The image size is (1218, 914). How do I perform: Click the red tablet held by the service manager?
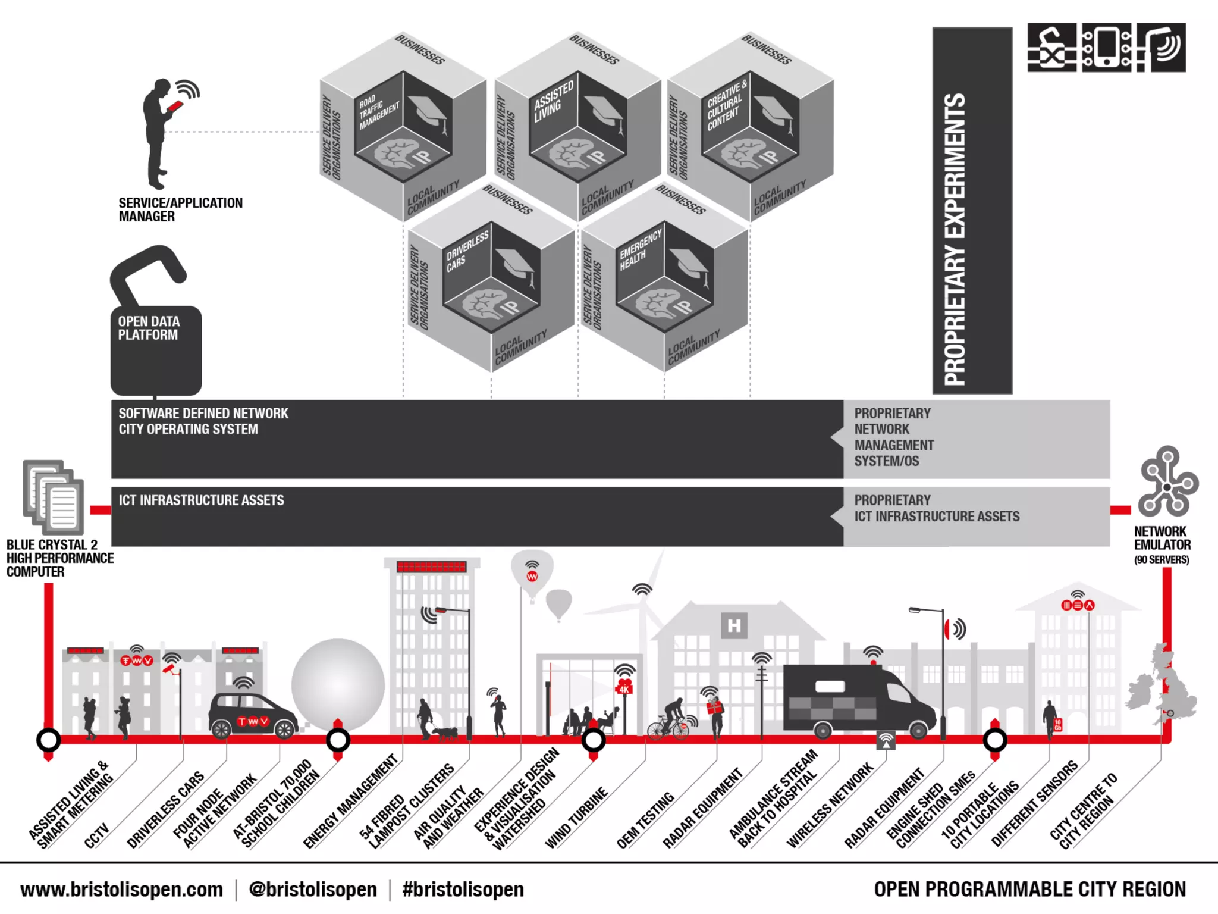(175, 107)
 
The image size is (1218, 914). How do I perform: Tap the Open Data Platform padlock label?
(148, 328)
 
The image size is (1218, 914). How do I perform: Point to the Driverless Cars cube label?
(467, 251)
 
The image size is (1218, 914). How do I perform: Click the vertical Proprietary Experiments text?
(956, 238)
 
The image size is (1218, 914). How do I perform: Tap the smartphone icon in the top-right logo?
(1106, 47)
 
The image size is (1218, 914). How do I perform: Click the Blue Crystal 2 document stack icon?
(54, 497)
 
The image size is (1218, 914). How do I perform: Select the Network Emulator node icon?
(1167, 482)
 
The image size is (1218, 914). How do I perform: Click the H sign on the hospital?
(734, 625)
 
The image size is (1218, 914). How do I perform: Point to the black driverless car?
(252, 716)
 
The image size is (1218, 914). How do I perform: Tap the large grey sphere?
(338, 684)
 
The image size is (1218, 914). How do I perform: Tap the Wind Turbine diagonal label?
(576, 818)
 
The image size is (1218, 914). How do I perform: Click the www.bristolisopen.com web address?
(121, 890)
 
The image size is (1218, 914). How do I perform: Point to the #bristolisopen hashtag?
(463, 890)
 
